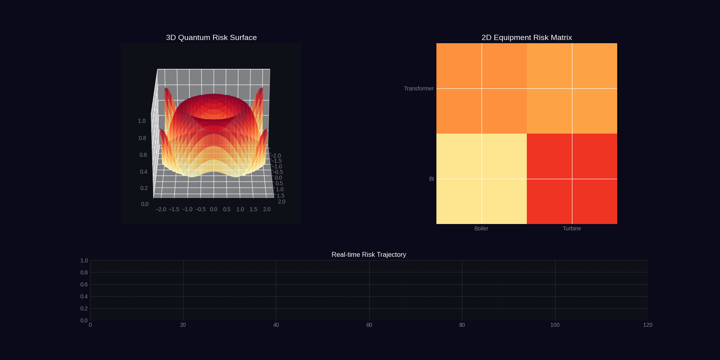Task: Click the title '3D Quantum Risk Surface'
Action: [211, 38]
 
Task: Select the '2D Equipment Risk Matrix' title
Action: [526, 38]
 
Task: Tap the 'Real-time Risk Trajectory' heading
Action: [368, 255]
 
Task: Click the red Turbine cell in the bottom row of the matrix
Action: [572, 179]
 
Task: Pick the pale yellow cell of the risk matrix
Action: [481, 179]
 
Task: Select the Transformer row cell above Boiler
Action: [481, 88]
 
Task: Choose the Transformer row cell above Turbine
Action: [572, 88]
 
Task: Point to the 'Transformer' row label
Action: [418, 88]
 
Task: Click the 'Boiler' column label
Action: [481, 228]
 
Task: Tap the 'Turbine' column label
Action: [572, 228]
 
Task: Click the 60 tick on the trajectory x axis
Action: [369, 325]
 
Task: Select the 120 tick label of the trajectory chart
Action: [648, 325]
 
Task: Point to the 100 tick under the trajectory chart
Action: [555, 325]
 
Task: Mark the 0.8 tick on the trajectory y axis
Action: [84, 272]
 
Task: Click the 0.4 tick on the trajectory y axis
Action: [84, 296]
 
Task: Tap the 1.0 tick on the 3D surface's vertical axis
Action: [142, 121]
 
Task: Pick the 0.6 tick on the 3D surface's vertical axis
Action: [143, 155]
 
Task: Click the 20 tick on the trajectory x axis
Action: [183, 325]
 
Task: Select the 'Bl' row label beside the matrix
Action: [431, 179]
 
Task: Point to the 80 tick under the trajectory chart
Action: [462, 325]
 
